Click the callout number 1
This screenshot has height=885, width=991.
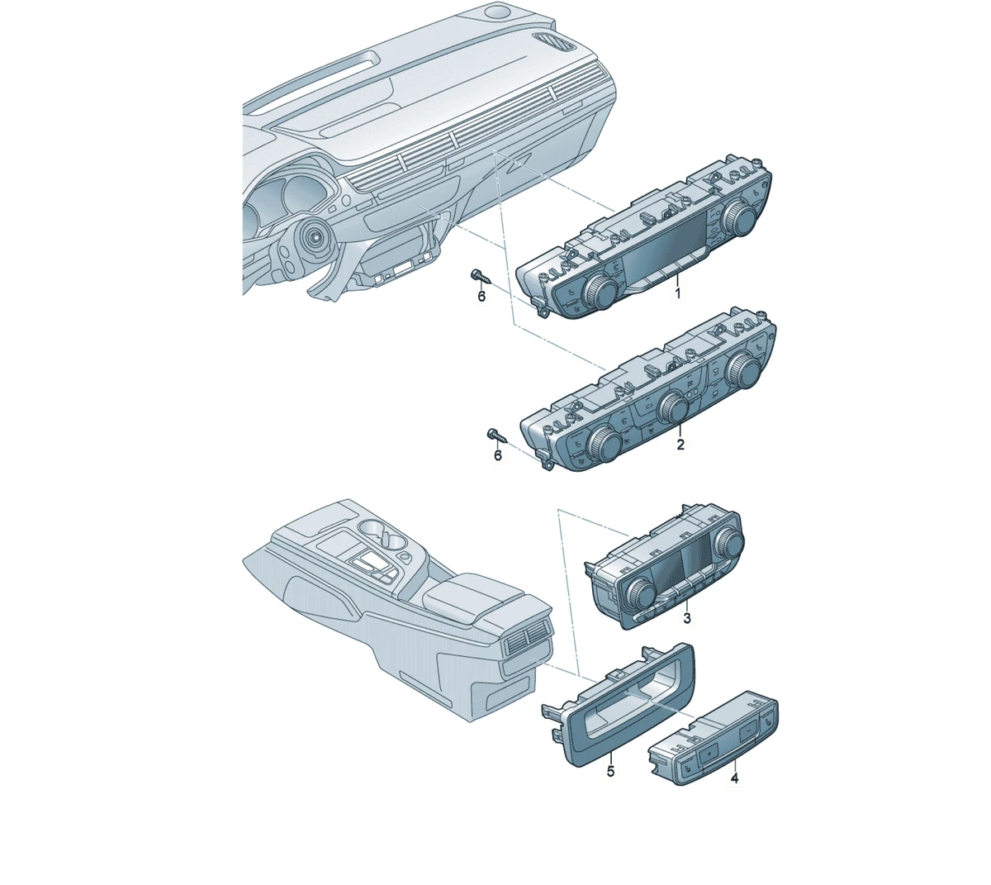(x=677, y=293)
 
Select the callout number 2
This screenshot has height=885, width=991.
(x=680, y=445)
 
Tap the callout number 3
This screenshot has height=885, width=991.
(x=687, y=618)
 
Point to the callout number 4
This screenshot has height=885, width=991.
(x=733, y=778)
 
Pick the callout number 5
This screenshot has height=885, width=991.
(x=610, y=771)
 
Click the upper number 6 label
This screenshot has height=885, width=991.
(x=481, y=296)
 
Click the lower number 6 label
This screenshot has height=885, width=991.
(x=497, y=455)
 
